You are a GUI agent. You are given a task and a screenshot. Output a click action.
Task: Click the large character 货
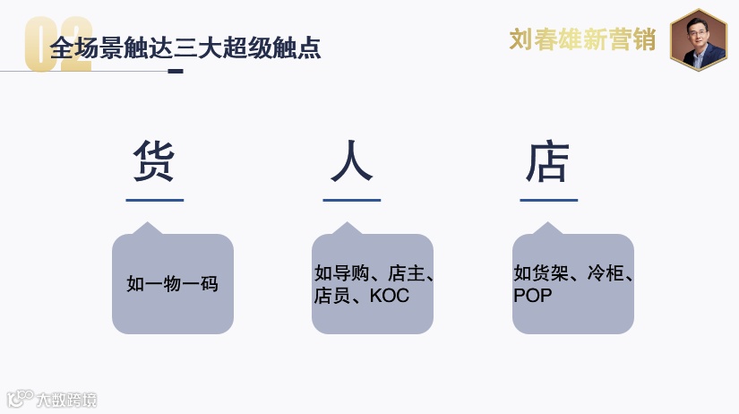tap(154, 162)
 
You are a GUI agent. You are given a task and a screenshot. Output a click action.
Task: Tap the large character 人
tap(351, 162)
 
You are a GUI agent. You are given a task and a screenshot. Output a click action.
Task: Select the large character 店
tap(548, 162)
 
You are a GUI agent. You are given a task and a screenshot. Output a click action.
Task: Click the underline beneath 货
tap(154, 200)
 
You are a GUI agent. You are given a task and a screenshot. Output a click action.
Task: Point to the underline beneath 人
tap(351, 200)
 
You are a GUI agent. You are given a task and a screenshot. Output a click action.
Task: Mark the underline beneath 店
tap(548, 200)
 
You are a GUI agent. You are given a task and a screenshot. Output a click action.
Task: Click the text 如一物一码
tap(173, 284)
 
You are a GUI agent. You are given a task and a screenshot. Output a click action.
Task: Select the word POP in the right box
tap(533, 296)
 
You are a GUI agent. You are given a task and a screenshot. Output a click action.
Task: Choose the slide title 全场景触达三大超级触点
tap(185, 47)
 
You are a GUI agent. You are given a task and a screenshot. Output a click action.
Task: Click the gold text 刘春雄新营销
tap(582, 39)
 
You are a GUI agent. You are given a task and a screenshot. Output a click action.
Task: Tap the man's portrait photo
tap(699, 39)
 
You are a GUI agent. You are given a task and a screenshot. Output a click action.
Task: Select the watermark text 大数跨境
tap(64, 400)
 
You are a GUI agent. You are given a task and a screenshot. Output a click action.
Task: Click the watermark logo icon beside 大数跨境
tap(19, 399)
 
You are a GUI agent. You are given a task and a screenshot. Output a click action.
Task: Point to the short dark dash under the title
tap(176, 71)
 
